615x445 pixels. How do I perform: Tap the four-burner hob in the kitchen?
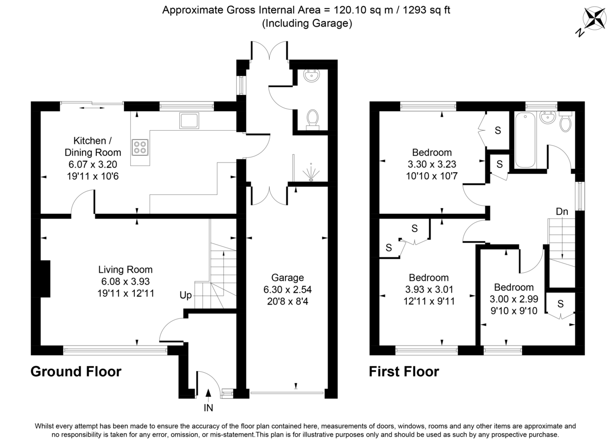(140, 148)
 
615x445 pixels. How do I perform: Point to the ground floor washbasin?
(311, 76)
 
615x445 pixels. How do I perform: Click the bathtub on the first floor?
(525, 139)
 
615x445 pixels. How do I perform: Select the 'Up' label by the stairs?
(186, 295)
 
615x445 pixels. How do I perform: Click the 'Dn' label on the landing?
(562, 211)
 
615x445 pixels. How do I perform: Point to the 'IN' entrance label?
(209, 408)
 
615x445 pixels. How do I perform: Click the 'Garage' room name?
(288, 277)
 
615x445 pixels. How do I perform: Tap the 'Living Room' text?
(126, 269)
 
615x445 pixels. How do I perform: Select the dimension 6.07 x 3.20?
(93, 164)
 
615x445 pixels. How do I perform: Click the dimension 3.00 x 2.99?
(514, 298)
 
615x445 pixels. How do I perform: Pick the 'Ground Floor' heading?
(76, 371)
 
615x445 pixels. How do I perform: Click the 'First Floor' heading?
(404, 371)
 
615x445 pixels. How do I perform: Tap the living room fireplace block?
(45, 279)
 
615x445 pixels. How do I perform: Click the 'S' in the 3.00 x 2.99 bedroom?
(560, 304)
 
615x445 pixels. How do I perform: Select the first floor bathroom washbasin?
(548, 118)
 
